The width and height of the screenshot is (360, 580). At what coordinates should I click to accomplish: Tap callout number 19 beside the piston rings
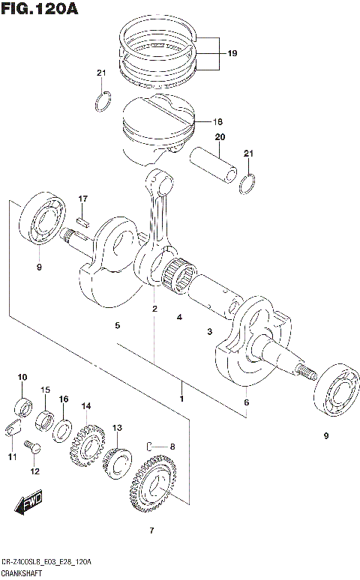pyautogui.click(x=232, y=53)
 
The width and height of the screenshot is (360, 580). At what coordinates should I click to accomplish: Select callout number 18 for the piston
pyautogui.click(x=217, y=121)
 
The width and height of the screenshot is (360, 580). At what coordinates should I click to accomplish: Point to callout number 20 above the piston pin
pyautogui.click(x=220, y=137)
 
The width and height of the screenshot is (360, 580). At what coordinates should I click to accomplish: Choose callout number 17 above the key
pyautogui.click(x=83, y=199)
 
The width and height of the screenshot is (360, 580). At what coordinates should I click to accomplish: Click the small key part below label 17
pyautogui.click(x=84, y=221)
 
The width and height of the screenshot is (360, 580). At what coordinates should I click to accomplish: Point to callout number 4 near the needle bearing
pyautogui.click(x=180, y=318)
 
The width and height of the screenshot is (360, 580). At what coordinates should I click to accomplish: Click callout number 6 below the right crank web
pyautogui.click(x=247, y=402)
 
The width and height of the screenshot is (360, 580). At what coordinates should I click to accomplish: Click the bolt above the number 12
pyautogui.click(x=31, y=447)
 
